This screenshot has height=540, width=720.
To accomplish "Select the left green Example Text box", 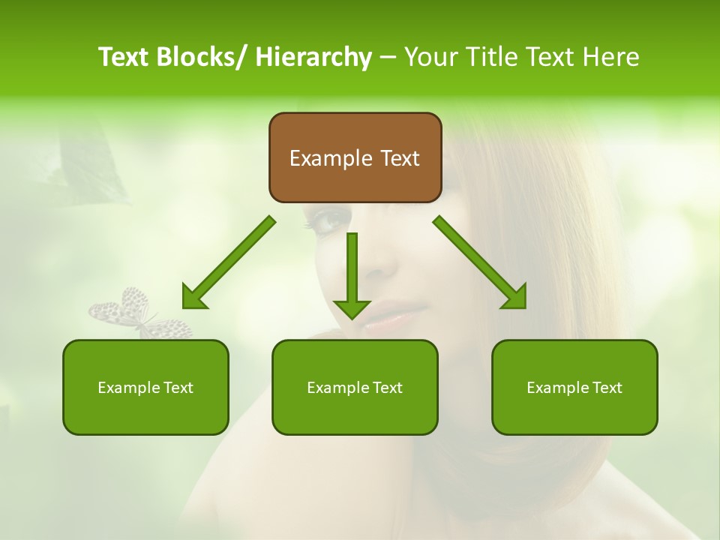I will point(145,387).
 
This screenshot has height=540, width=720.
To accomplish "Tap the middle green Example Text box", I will point(355,387).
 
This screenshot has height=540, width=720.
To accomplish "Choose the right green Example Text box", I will point(574,387).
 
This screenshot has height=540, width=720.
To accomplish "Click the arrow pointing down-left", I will point(229,262).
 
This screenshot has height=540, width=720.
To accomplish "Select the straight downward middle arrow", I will point(352,274).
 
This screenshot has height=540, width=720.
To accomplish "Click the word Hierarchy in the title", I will point(313,57).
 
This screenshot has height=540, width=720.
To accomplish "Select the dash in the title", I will point(388,57).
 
